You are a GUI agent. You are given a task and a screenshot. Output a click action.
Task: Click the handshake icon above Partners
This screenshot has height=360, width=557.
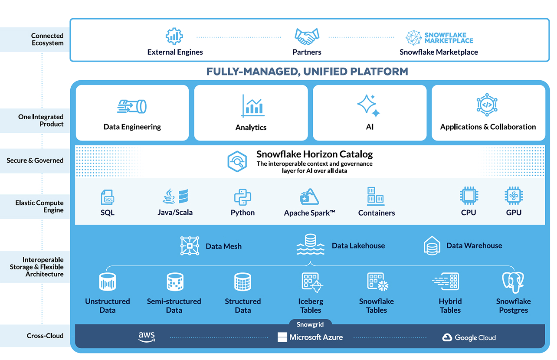tap(307, 36)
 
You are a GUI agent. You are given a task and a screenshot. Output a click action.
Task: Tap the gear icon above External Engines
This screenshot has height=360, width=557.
tap(174, 36)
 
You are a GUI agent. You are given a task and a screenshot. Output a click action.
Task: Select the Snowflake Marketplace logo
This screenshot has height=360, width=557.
tap(439, 38)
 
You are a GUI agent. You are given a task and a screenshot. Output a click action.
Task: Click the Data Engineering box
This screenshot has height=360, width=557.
tap(132, 113)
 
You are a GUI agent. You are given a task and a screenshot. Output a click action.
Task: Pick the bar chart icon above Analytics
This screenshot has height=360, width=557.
tap(252, 106)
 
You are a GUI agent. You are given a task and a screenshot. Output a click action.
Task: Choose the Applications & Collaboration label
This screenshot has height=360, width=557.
tap(488, 127)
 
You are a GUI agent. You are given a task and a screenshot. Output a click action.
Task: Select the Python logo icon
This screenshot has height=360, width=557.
tap(242, 197)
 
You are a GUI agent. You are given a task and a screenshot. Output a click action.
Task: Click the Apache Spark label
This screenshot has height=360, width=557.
tap(309, 213)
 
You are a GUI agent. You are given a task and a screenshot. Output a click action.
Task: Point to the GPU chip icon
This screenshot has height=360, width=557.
tap(514, 196)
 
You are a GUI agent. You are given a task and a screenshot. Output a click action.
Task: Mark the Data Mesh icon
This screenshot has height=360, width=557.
tap(190, 246)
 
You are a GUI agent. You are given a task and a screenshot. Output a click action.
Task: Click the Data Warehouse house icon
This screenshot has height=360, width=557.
tap(432, 245)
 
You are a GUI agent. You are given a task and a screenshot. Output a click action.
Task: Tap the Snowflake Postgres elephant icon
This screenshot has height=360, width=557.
tap(513, 283)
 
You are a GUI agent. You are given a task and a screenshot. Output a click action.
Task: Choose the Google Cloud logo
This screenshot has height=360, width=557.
tap(469, 337)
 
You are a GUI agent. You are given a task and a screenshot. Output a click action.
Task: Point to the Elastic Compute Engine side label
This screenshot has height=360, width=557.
tap(39, 206)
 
